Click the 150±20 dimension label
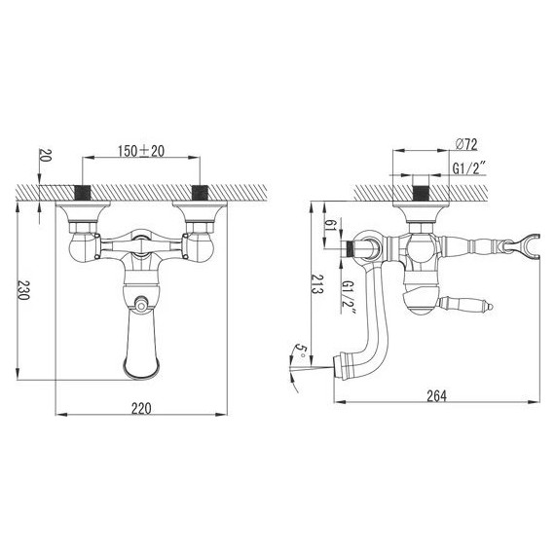click(141, 151)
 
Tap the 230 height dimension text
click(23, 290)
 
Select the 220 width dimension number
click(141, 409)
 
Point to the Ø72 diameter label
click(466, 144)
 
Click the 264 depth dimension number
click(436, 396)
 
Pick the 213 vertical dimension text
click(316, 283)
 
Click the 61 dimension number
click(331, 225)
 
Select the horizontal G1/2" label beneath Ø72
click(469, 167)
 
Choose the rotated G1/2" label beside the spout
click(349, 296)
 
